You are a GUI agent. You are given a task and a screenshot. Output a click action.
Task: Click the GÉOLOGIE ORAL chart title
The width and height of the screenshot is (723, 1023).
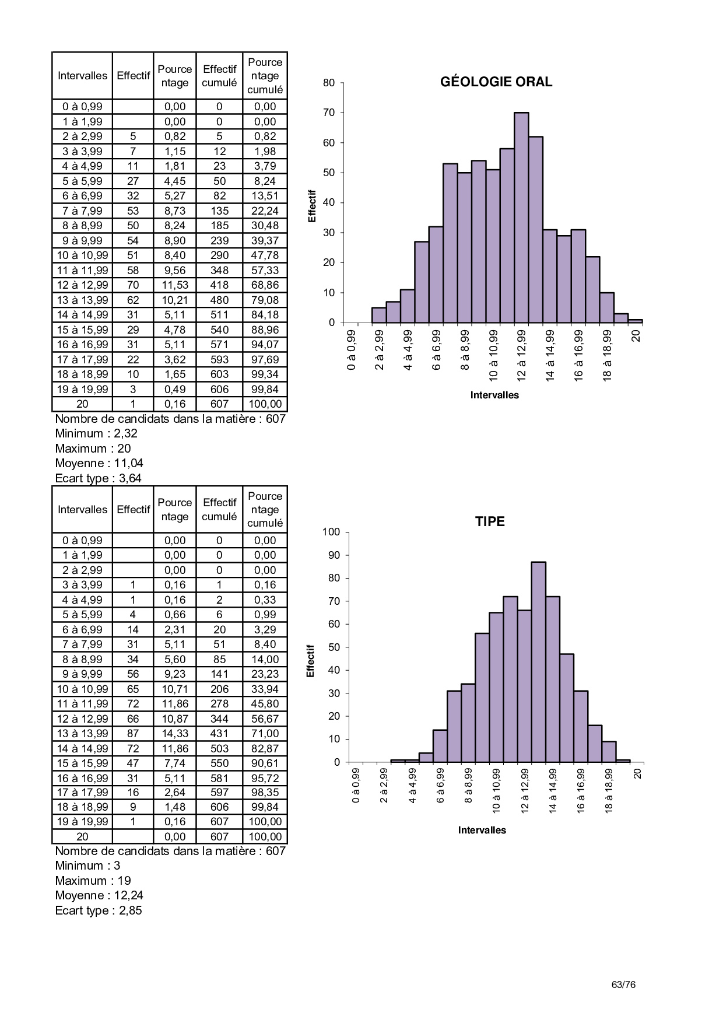(x=496, y=82)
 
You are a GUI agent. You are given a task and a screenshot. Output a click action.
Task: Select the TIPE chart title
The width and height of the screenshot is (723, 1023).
(x=490, y=521)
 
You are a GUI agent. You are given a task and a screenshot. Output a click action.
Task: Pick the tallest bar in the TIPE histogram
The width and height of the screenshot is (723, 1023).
(x=538, y=661)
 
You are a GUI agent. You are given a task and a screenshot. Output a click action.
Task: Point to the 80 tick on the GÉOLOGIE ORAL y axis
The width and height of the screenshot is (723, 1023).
(x=329, y=83)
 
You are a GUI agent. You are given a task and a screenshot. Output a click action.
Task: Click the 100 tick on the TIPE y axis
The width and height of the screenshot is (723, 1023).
(x=331, y=532)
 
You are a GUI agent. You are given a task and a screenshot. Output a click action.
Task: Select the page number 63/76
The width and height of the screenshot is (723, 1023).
(x=623, y=985)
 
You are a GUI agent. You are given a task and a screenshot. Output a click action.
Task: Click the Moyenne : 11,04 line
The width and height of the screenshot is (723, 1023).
(x=99, y=464)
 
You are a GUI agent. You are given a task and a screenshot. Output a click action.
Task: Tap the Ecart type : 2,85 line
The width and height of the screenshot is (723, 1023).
(x=99, y=910)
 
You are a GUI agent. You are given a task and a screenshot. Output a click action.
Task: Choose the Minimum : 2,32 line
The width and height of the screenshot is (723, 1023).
(x=96, y=433)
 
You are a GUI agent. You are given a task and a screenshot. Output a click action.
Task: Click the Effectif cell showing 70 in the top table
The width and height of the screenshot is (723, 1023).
(x=133, y=285)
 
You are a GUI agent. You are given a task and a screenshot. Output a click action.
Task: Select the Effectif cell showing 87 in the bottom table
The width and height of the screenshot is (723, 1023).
(x=133, y=734)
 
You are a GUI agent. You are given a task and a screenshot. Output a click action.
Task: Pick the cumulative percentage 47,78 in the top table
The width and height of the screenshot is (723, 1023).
(x=265, y=255)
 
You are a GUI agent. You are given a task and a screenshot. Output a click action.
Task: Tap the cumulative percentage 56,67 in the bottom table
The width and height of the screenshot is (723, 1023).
(x=265, y=719)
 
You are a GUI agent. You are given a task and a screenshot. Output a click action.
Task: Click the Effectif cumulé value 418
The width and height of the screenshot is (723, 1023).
(x=219, y=285)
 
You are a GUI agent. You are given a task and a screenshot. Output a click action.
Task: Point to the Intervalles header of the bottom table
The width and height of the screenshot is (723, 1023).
(x=82, y=509)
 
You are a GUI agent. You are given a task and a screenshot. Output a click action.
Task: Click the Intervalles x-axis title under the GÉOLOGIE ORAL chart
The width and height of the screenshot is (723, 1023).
(x=494, y=395)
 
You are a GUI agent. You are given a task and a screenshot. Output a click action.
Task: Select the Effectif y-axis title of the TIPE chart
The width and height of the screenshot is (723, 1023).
(x=311, y=661)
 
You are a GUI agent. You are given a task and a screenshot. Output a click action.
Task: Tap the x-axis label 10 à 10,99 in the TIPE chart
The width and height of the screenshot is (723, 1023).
(x=497, y=791)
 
